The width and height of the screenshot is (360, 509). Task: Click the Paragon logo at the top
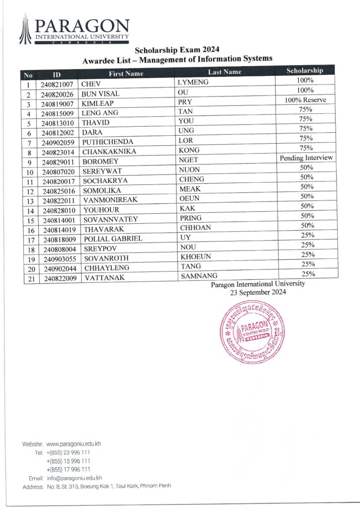(x=75, y=30)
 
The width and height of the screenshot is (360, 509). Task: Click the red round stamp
(x=251, y=333)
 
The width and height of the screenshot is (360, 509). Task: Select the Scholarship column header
(x=305, y=71)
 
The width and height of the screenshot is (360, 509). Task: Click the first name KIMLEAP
(x=98, y=103)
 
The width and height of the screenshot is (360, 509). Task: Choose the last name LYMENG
(x=192, y=82)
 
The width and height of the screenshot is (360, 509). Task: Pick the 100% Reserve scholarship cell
(x=305, y=100)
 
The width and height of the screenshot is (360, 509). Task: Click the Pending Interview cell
(x=306, y=158)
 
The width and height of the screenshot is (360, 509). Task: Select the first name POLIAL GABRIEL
(x=113, y=239)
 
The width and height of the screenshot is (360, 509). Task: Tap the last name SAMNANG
(x=197, y=276)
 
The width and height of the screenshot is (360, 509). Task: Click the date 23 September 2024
(x=258, y=293)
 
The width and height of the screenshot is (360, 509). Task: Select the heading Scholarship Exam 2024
(x=177, y=50)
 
